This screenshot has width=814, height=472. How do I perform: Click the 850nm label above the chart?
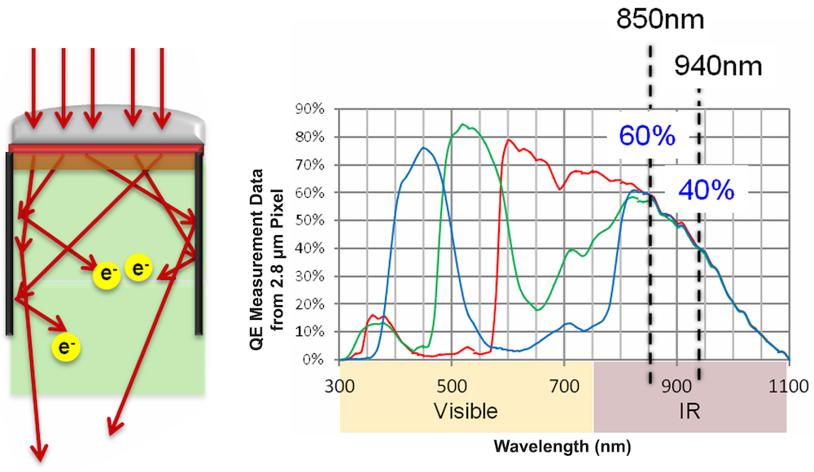tap(650, 19)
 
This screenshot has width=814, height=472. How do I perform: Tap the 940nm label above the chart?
tap(718, 65)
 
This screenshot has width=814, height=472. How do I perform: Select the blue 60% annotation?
tap(648, 136)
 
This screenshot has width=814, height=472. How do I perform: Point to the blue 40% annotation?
tap(707, 190)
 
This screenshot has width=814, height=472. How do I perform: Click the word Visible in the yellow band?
tap(466, 410)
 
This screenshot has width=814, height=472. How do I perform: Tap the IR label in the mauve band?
tap(689, 411)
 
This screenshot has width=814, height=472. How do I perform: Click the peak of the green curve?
tap(462, 125)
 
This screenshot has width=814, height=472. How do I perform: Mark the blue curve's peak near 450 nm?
tap(423, 148)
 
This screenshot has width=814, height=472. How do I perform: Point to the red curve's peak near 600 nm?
tap(510, 140)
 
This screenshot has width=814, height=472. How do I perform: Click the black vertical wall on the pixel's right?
tap(198, 244)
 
